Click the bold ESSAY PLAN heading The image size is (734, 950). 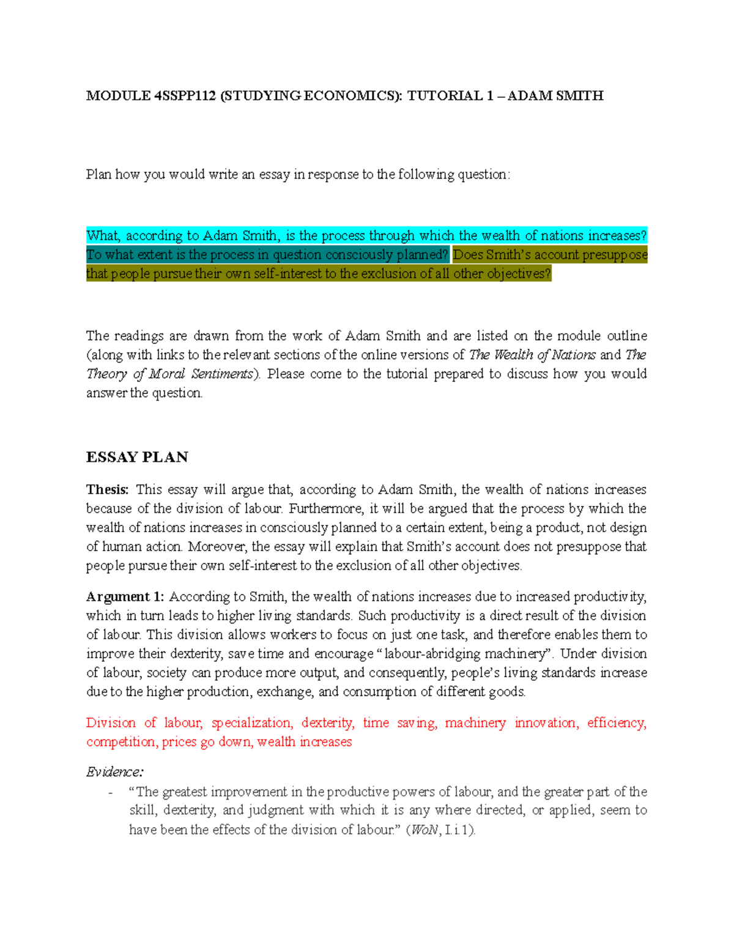coord(137,457)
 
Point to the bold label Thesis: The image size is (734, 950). coord(108,489)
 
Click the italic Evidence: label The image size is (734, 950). coord(115,772)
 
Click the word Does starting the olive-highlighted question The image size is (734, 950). coord(468,254)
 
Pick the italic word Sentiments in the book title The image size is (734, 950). coord(221,374)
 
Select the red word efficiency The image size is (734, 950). coord(615,723)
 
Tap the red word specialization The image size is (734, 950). coord(251,723)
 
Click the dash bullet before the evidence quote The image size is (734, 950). coord(110,792)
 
